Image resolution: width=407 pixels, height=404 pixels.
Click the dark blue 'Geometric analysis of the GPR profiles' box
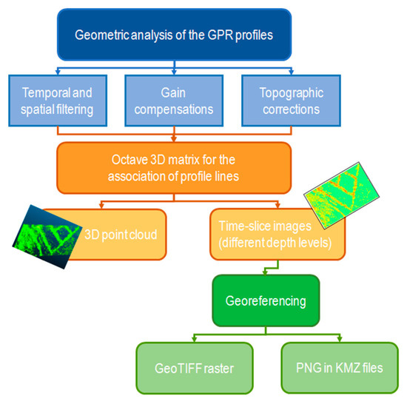tap(174, 35)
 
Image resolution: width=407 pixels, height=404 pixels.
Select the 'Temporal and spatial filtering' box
tap(58, 101)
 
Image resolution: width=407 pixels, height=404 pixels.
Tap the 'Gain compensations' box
tap(174, 101)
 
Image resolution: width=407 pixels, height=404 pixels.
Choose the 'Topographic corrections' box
tap(291, 101)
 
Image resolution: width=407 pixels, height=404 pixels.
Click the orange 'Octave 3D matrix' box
tap(174, 168)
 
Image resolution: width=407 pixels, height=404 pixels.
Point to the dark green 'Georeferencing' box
tap(266, 300)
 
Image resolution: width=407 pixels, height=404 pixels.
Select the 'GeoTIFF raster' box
tap(195, 368)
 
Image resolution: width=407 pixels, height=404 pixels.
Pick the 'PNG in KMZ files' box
tap(340, 368)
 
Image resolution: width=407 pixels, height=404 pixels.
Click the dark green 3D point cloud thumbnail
tap(47, 237)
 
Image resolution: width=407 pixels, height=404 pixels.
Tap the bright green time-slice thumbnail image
tap(342, 195)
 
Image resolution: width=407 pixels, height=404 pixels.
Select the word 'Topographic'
tap(292, 93)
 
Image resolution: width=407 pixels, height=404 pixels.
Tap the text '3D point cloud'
tap(121, 235)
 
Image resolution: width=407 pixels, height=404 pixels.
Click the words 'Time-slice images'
tap(265, 226)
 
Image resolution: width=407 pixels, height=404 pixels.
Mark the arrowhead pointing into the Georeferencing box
tap(265, 273)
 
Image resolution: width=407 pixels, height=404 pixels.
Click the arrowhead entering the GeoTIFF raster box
tap(195, 340)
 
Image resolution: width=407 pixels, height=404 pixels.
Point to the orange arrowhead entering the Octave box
tap(174, 140)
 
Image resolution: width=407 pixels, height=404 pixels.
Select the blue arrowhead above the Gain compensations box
tap(174, 73)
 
